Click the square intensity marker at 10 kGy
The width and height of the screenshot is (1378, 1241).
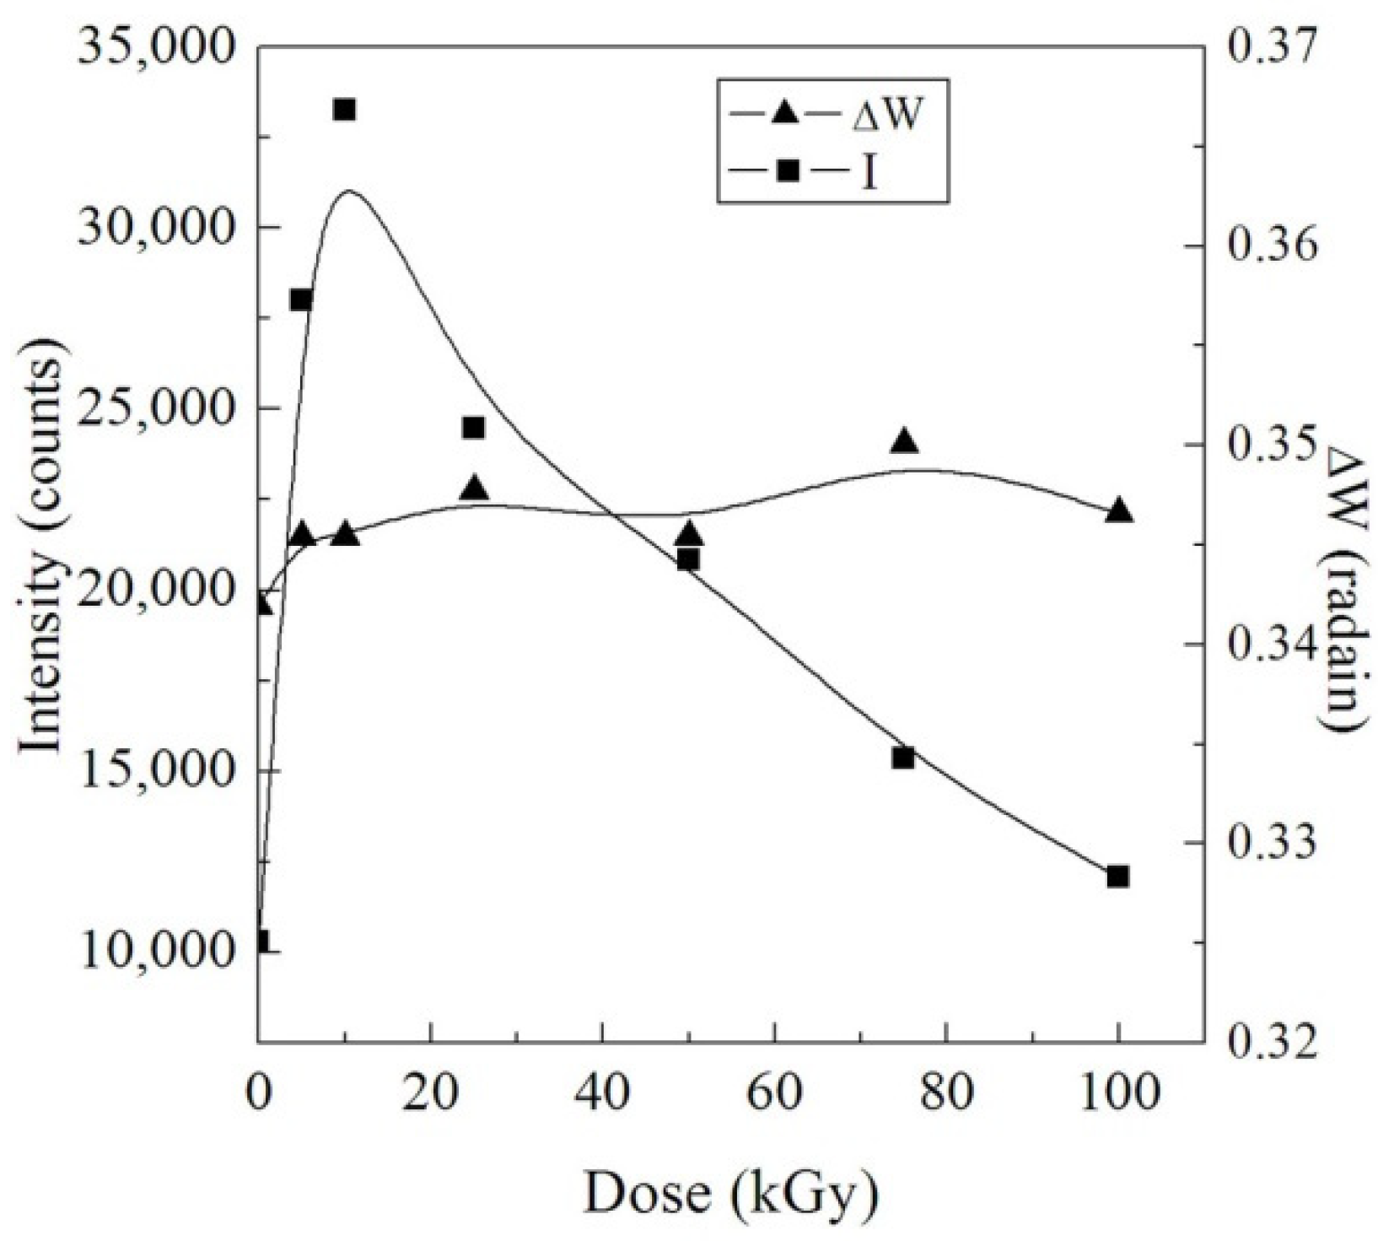tap(343, 110)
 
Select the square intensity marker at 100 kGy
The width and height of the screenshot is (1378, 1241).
tap(1117, 877)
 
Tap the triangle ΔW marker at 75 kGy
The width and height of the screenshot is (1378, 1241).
tap(904, 441)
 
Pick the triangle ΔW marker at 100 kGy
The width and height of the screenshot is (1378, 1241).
tap(1118, 510)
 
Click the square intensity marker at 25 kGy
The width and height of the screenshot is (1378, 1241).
tap(473, 428)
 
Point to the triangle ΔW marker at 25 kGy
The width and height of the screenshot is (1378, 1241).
tap(475, 488)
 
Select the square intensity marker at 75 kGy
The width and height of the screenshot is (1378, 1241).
tap(903, 758)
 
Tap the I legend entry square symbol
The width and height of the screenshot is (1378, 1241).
tap(787, 171)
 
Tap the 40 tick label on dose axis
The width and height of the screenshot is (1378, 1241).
tap(601, 1094)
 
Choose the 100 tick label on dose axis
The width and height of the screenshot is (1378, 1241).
tap(1118, 1094)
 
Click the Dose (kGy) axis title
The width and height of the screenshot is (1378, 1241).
tap(730, 1195)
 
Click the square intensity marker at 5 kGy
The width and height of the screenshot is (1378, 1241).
tap(301, 300)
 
